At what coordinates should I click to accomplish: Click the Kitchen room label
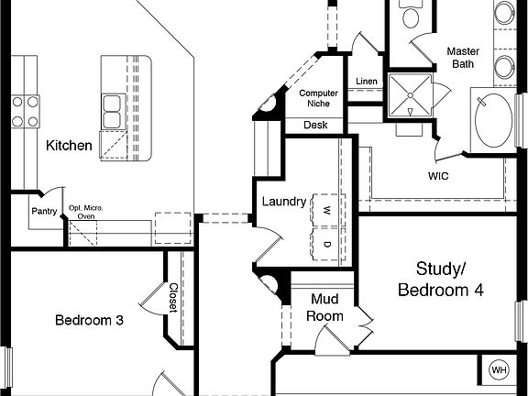[x=69, y=146]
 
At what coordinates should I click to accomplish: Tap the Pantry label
[x=45, y=212]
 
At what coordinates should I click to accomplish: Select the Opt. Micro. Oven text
[x=86, y=212]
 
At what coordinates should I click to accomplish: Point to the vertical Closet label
[x=172, y=296]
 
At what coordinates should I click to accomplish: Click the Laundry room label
[x=283, y=202]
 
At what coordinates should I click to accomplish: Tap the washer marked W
[x=324, y=209]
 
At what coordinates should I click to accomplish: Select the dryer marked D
[x=324, y=245]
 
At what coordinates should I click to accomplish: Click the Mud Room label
[x=326, y=308]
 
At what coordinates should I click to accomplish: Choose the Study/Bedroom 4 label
[x=441, y=279]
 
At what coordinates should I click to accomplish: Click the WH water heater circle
[x=499, y=370]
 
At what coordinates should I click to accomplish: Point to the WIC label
[x=438, y=174]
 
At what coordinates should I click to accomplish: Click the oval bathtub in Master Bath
[x=495, y=118]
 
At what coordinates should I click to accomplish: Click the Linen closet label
[x=366, y=81]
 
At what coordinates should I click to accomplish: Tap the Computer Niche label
[x=318, y=98]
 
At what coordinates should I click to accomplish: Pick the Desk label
[x=315, y=125]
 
